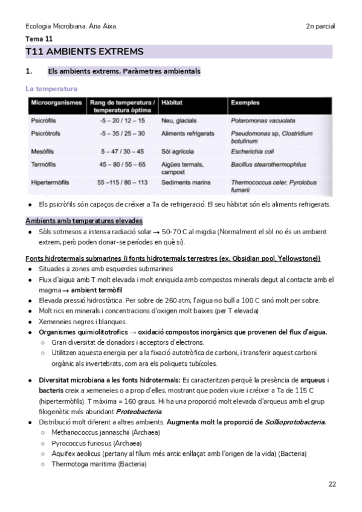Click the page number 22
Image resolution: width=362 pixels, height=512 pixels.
coord(332,484)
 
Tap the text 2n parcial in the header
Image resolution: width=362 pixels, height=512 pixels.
coord(320,27)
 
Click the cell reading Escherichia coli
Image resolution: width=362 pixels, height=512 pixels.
coord(252,152)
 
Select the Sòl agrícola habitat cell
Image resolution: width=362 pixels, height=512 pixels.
coord(179,152)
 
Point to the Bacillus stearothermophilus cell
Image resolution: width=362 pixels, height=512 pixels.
coord(268,164)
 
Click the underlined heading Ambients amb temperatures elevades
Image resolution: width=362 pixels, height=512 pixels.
coord(84,220)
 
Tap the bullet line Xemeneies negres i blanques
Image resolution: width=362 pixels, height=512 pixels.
coord(82,322)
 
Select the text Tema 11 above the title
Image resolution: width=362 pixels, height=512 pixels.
coord(39,39)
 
